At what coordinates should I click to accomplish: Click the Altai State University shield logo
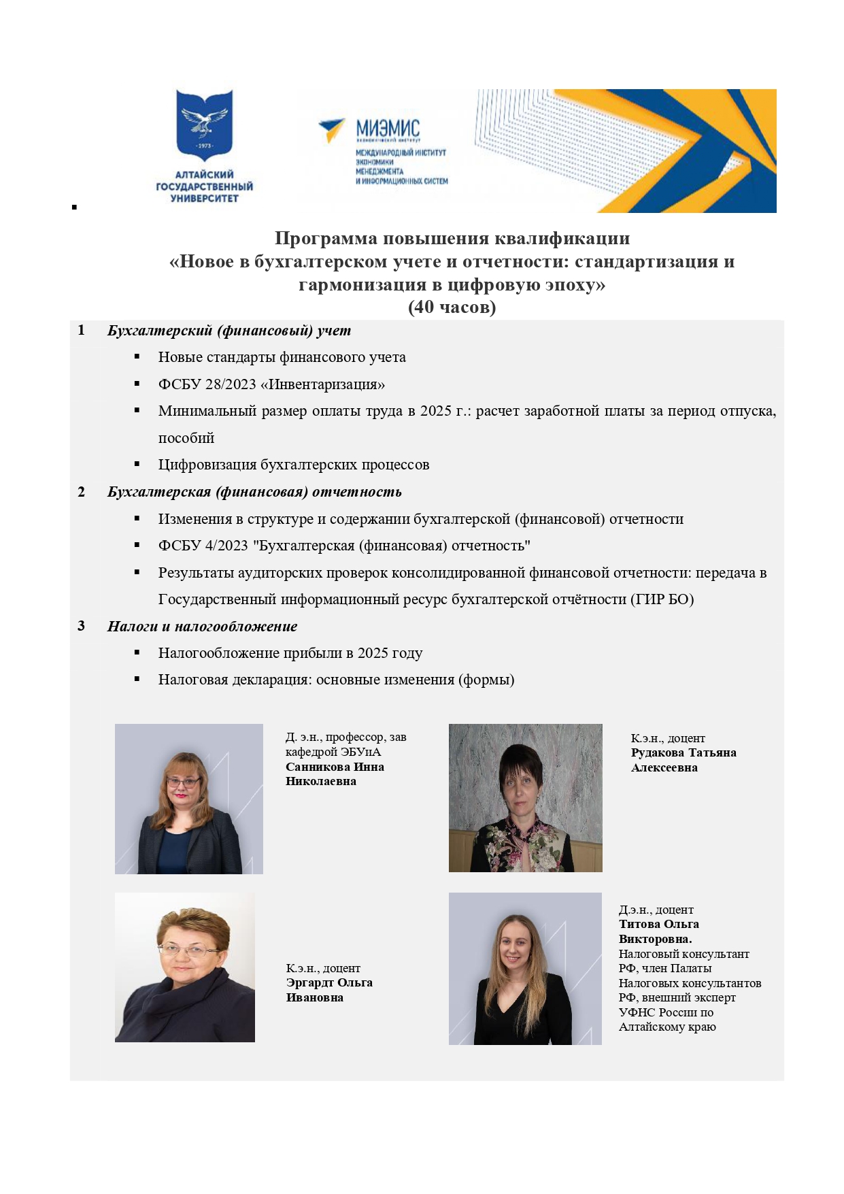tap(204, 124)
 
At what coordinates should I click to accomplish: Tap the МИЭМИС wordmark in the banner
tap(388, 127)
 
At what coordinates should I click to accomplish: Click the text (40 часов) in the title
tap(452, 308)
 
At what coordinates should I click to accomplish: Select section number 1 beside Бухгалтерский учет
tap(82, 331)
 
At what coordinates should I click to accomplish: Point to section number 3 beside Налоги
tap(82, 626)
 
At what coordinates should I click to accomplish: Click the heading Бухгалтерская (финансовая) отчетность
tap(254, 492)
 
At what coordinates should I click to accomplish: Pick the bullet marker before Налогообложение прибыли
tap(137, 652)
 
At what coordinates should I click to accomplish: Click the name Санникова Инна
tap(335, 767)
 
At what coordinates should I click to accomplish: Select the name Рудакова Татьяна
tap(683, 752)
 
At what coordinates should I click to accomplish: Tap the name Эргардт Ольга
tap(329, 982)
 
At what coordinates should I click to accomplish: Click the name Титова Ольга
tap(658, 924)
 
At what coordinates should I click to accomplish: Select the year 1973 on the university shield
tap(204, 146)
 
